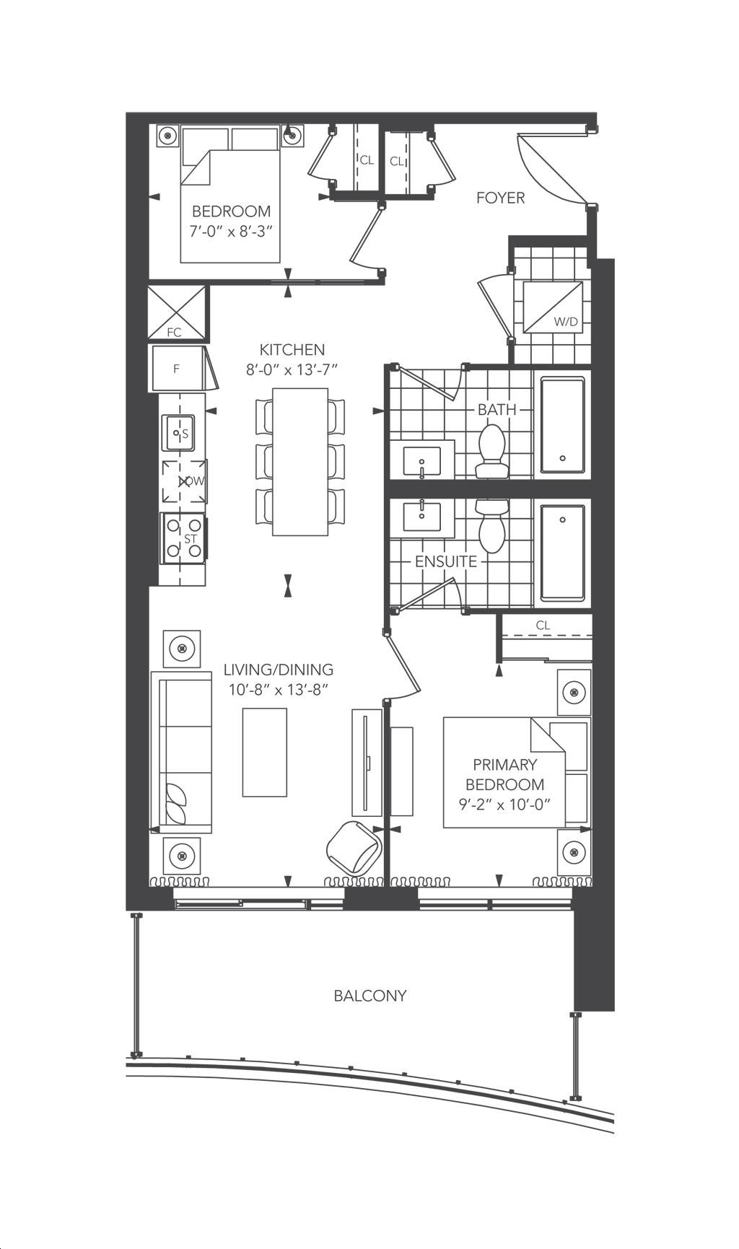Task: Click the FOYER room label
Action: point(500,198)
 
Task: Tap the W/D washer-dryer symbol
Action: point(553,307)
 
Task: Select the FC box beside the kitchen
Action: point(176,312)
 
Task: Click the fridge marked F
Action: point(176,369)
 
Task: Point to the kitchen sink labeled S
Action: point(178,433)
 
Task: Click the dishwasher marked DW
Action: point(184,481)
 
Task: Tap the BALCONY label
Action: point(370,996)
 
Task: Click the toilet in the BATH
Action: point(492,452)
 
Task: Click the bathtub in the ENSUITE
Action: point(562,553)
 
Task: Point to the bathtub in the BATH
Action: point(562,426)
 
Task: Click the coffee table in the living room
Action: point(264,752)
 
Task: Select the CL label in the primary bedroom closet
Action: point(543,626)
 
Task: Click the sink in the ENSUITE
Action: point(421,518)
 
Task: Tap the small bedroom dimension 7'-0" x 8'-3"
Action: point(231,232)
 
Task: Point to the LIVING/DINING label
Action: point(279,670)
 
